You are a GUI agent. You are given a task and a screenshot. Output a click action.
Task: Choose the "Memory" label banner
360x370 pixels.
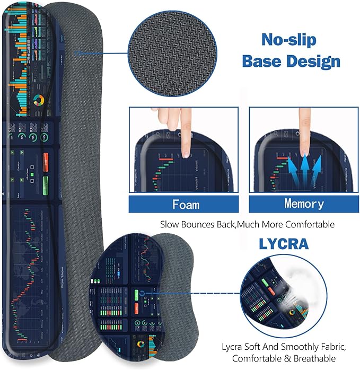pos(304,204)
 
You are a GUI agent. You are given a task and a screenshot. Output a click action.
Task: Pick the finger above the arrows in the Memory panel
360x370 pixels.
pos(304,127)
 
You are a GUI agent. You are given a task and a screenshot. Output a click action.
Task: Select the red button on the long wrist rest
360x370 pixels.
pos(46,158)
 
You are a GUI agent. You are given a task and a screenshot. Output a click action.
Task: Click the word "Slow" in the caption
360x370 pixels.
pos(171,224)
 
